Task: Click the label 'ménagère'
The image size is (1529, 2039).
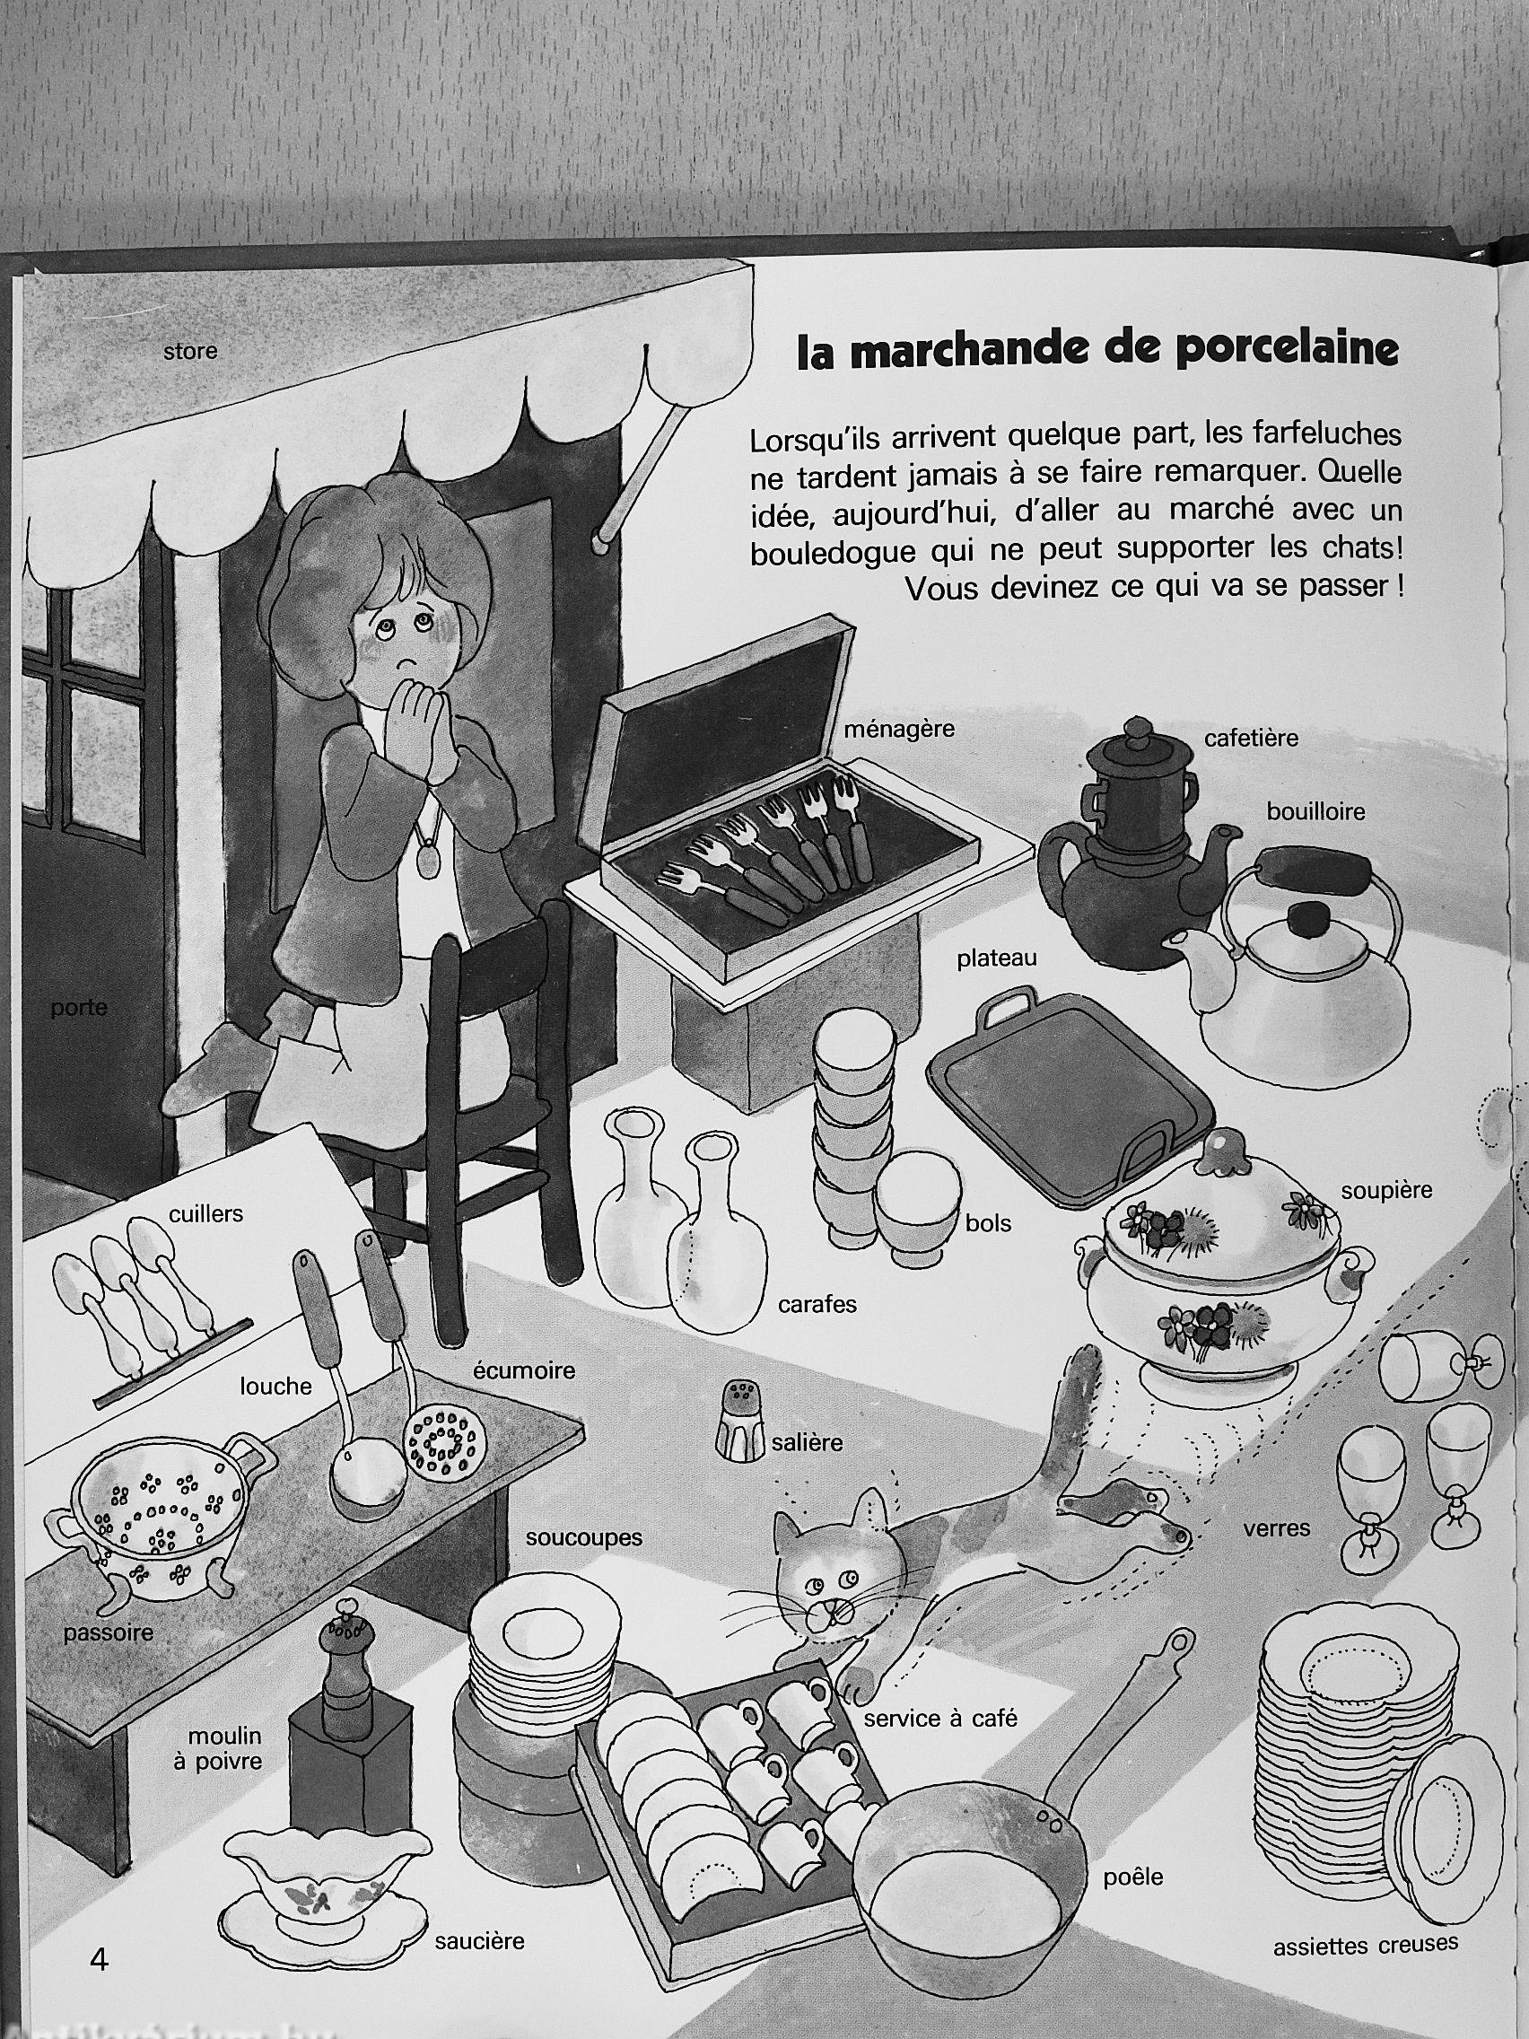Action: click(x=899, y=730)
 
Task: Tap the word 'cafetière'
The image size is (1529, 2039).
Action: click(x=1251, y=738)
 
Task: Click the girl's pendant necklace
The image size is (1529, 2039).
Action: click(x=427, y=861)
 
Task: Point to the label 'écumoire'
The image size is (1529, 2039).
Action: click(x=523, y=1370)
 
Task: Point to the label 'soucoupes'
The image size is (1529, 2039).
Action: click(x=583, y=1537)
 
